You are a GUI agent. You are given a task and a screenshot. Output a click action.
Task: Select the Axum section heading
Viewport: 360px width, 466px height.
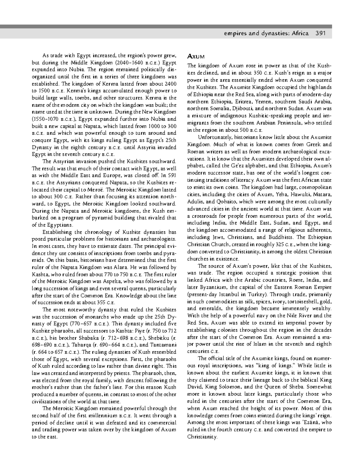pos(196,56)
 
